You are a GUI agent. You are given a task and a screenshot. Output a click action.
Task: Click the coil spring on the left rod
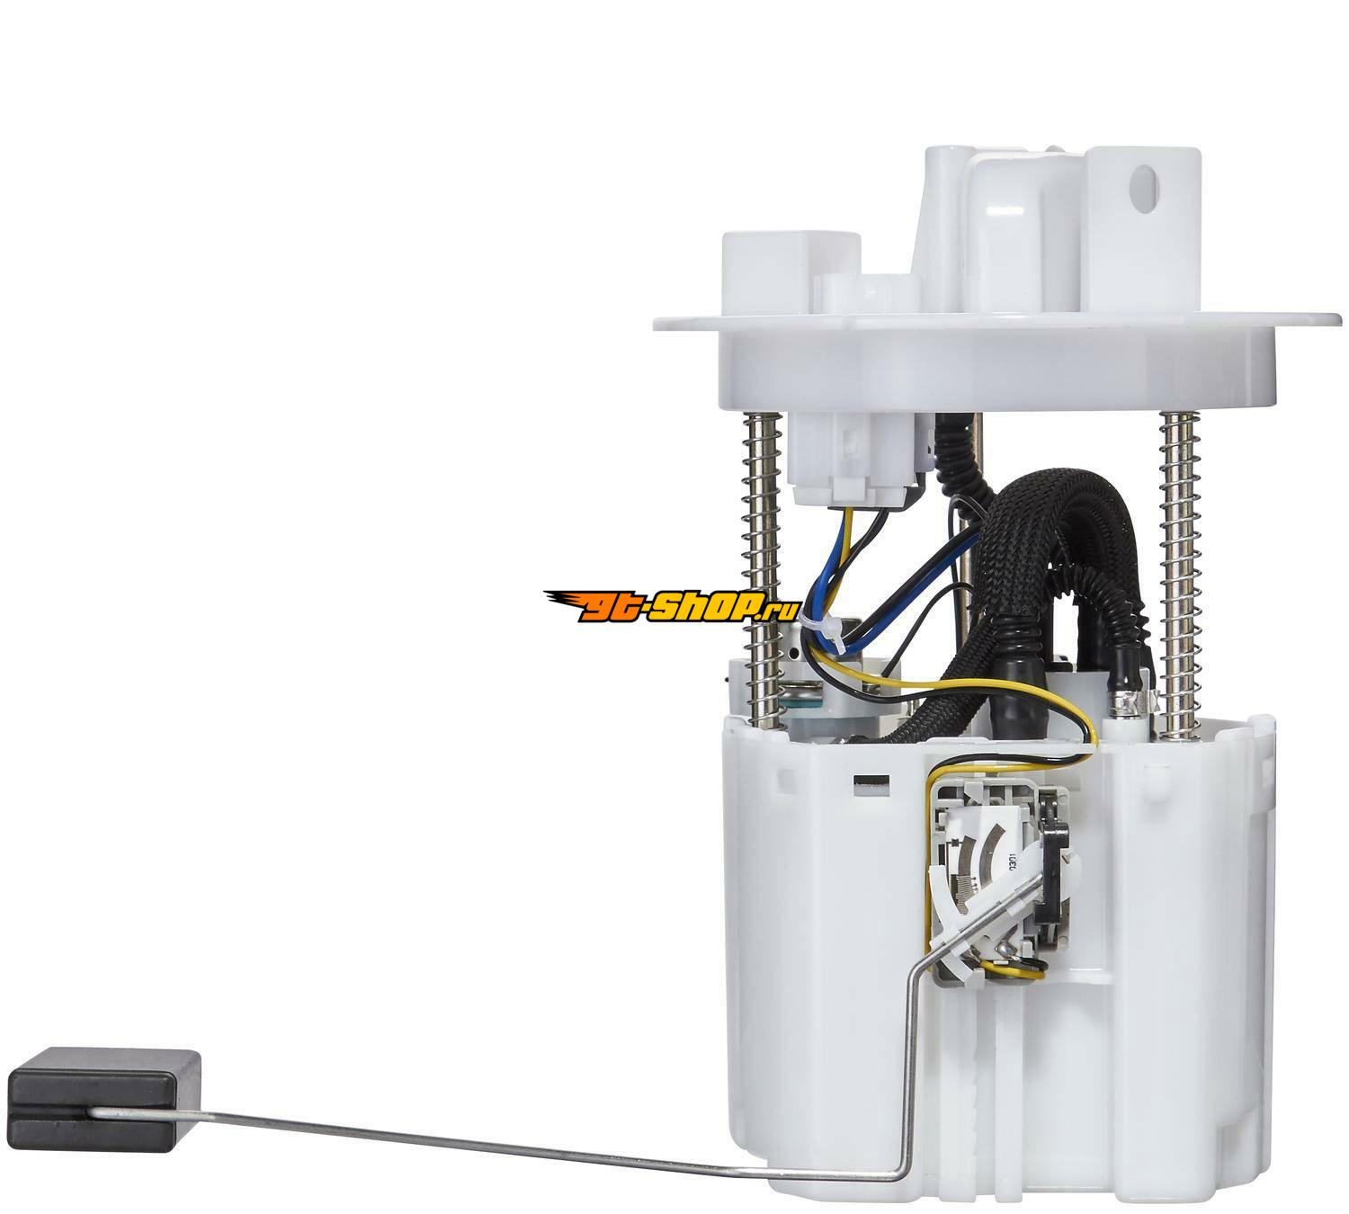coord(761,572)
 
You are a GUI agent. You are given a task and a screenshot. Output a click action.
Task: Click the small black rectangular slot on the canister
coord(871,781)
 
